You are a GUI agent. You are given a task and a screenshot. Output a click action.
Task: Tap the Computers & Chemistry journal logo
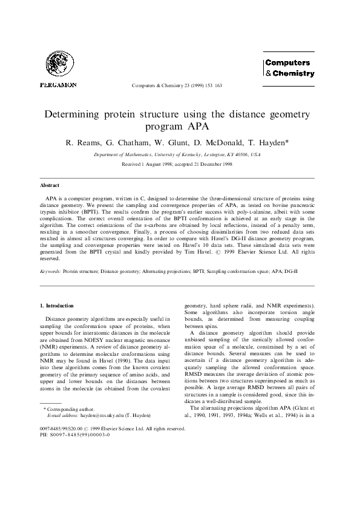[289, 68]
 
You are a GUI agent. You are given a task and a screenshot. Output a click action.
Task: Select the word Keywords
[50, 273]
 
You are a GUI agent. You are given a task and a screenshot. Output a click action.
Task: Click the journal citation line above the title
[177, 85]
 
